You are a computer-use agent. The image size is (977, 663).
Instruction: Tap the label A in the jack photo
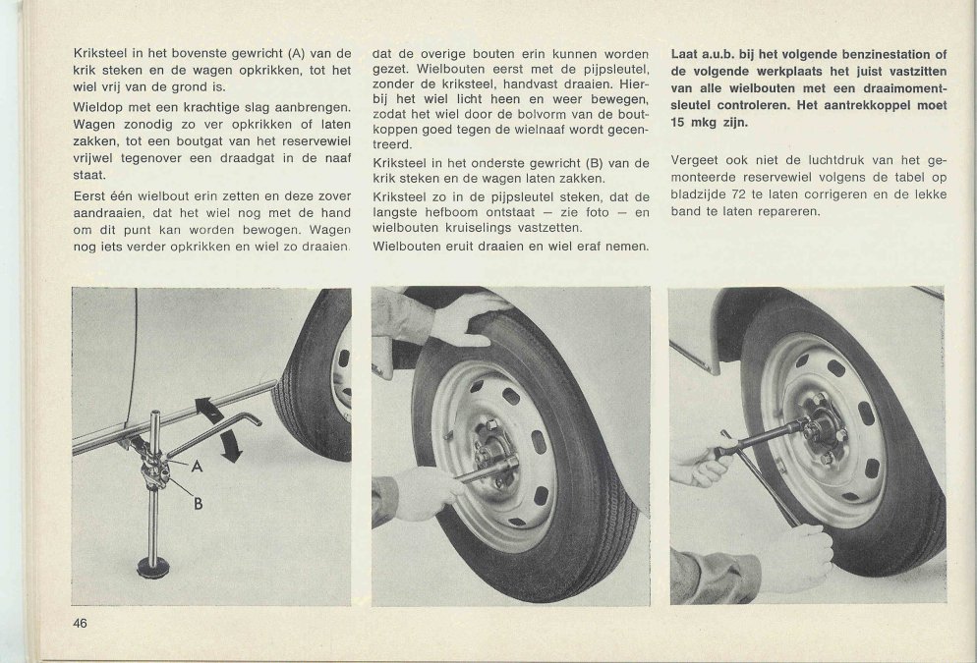[x=197, y=468]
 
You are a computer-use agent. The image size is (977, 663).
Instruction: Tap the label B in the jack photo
[x=197, y=505]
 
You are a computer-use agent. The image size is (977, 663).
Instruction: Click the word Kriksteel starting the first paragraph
[x=99, y=53]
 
